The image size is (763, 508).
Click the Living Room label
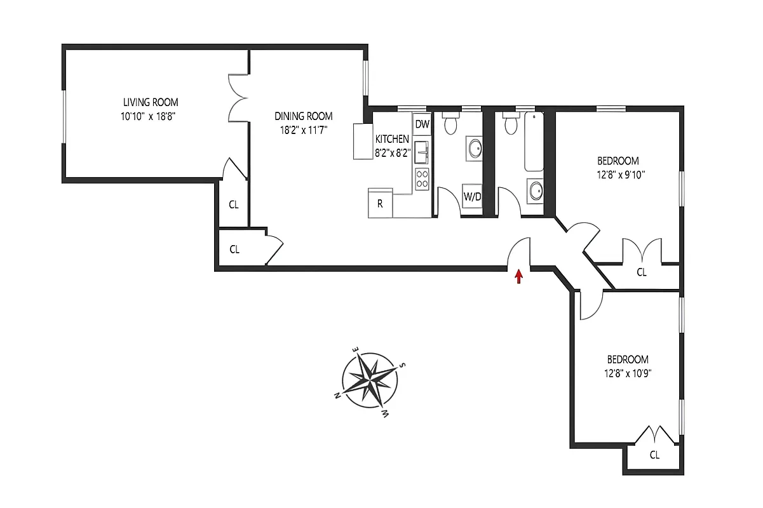[x=151, y=102]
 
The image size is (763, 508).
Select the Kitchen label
[x=392, y=139]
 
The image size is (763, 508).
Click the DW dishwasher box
[x=422, y=124]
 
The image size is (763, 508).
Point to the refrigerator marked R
[x=380, y=204]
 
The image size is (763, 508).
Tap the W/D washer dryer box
[x=471, y=197]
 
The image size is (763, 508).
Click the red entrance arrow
[x=519, y=276]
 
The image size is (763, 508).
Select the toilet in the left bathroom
[x=450, y=124]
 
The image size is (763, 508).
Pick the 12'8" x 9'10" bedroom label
[x=618, y=168]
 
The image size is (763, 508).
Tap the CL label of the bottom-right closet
[x=654, y=455]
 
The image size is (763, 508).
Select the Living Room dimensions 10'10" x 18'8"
[x=151, y=116]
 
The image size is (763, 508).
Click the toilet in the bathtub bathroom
[x=509, y=124]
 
